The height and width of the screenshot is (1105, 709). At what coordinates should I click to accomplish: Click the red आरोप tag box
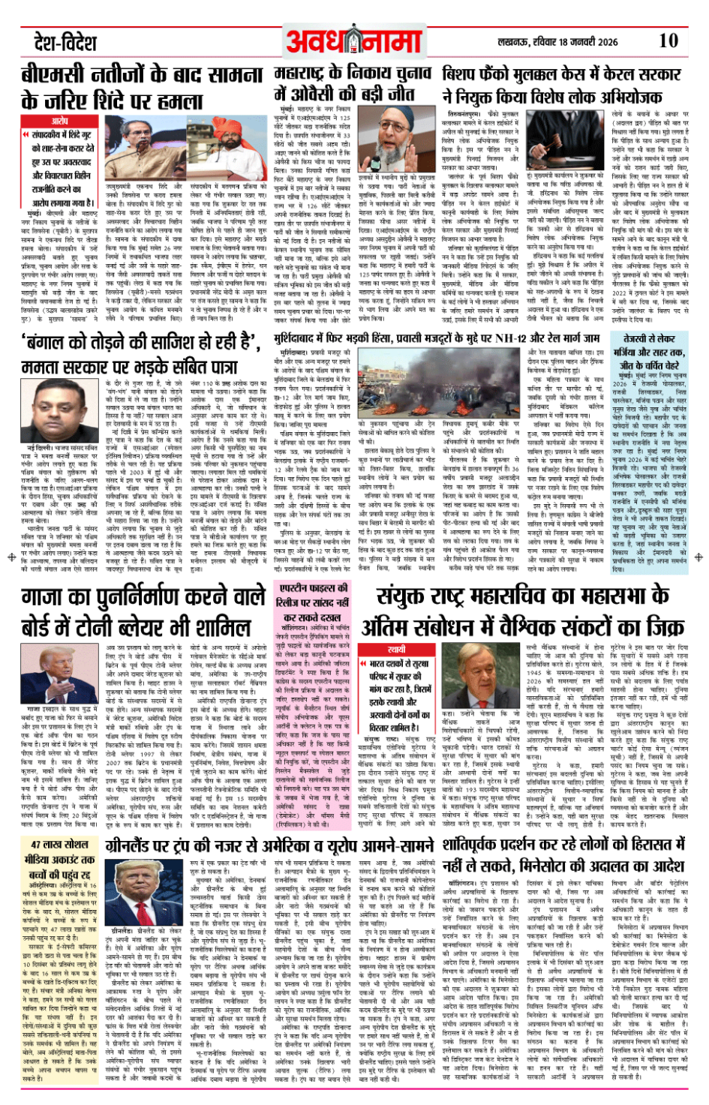coord(60,121)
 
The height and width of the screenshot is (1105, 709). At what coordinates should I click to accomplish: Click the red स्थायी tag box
coord(397,649)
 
